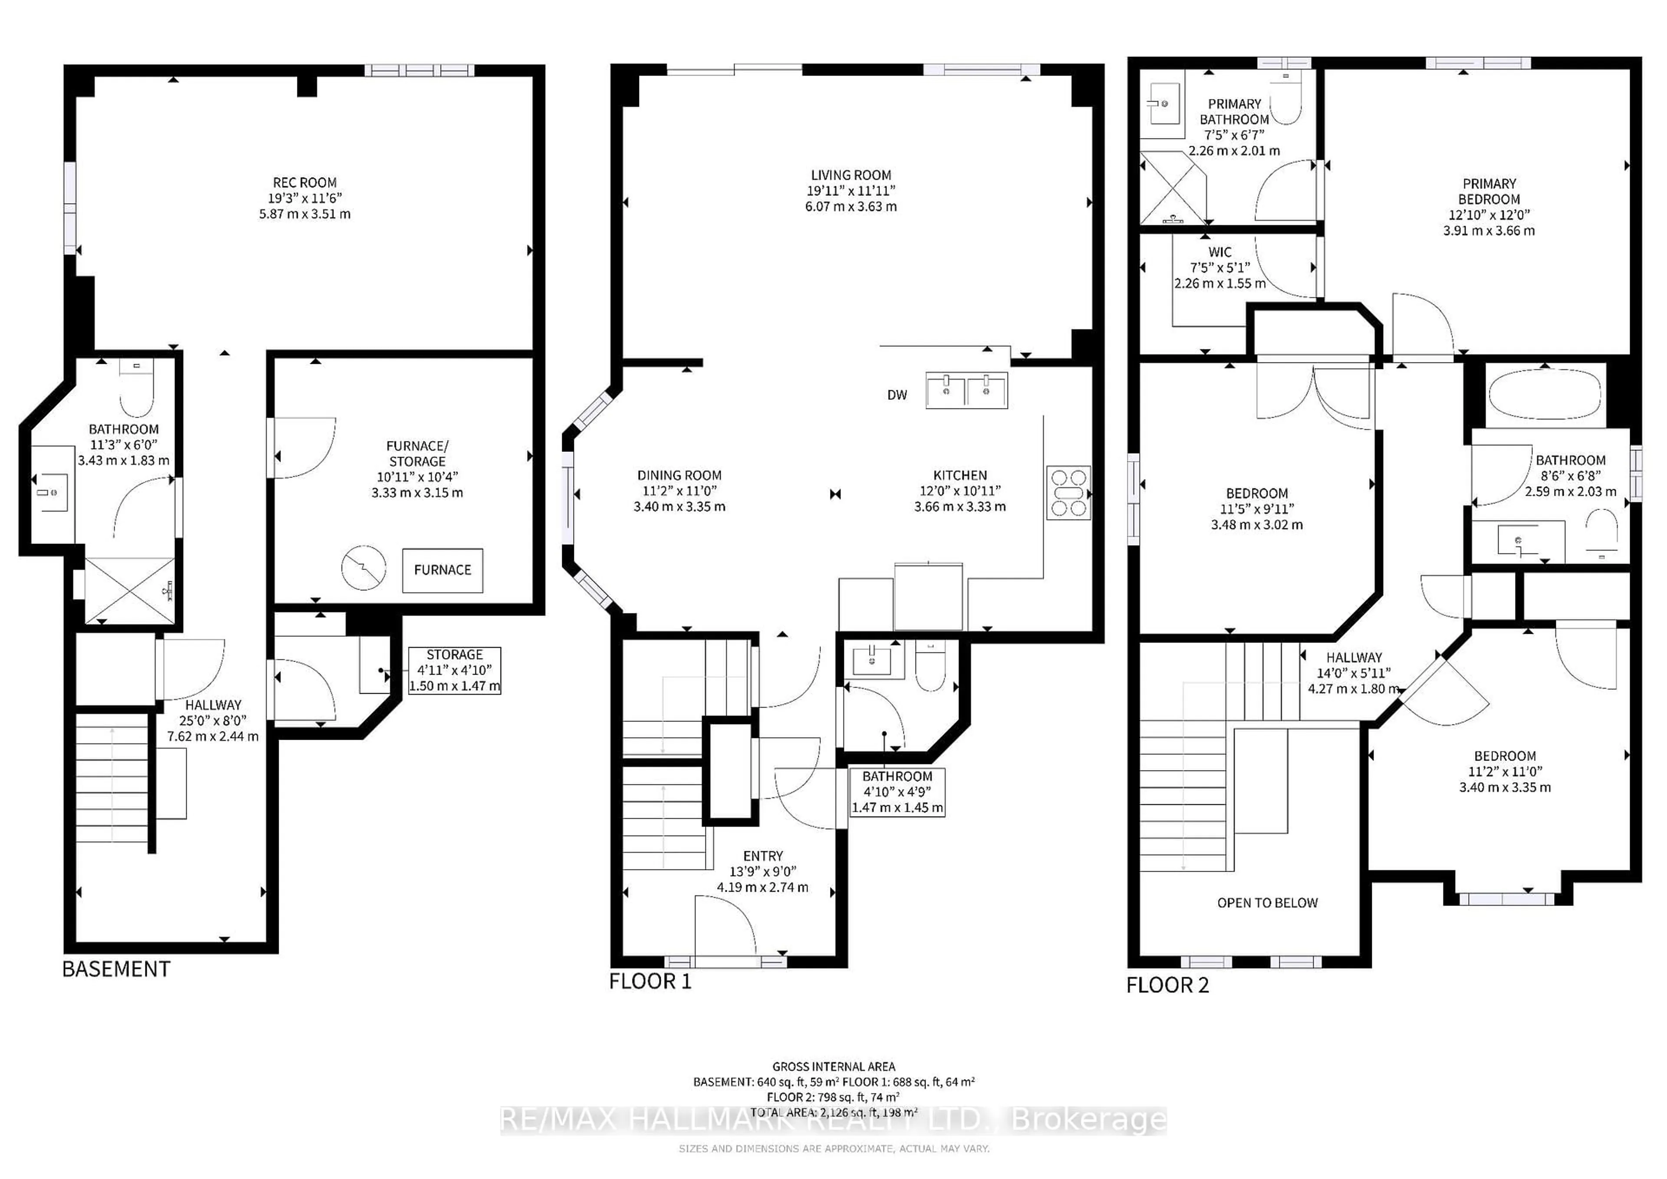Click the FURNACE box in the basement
click(x=442, y=570)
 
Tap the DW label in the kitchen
click(x=897, y=395)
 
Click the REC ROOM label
click(x=304, y=183)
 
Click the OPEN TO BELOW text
click(x=1267, y=902)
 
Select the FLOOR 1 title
click(x=650, y=981)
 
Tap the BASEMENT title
click(x=116, y=969)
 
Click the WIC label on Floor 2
click(x=1220, y=252)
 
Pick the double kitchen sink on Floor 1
click(x=966, y=391)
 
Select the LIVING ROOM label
click(x=851, y=175)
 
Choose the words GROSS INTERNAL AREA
click(x=833, y=1067)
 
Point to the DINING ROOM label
click(x=679, y=475)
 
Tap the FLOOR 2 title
click(x=1167, y=985)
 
